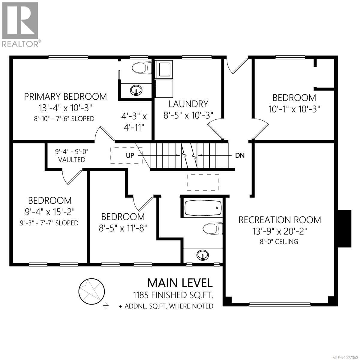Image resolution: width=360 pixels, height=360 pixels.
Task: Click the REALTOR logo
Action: pos(20,24)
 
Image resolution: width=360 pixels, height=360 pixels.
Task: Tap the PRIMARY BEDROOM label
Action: pos(65,97)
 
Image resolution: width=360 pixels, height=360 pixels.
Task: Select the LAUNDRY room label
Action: pos(188,104)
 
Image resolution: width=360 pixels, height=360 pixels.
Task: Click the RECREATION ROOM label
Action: pos(280,220)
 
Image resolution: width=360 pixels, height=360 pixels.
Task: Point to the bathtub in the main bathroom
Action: pos(203,207)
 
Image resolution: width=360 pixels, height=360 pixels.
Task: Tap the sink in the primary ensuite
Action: pos(136,89)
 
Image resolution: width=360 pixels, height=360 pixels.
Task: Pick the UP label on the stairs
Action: pos(130,155)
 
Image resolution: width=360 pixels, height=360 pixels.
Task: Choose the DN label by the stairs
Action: pos(240,155)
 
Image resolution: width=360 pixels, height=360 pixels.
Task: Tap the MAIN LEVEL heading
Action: pos(180,283)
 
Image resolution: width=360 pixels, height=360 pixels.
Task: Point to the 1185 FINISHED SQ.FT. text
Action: pos(173,295)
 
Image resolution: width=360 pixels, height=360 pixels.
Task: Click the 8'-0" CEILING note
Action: pos(280,241)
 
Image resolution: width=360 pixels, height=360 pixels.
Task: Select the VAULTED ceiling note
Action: pos(72,160)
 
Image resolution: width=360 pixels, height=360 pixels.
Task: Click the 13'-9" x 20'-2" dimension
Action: pos(280,231)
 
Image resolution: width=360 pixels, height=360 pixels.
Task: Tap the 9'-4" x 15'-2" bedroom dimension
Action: pos(50,212)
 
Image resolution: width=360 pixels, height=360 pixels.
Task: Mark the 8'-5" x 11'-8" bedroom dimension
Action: pos(123,228)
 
